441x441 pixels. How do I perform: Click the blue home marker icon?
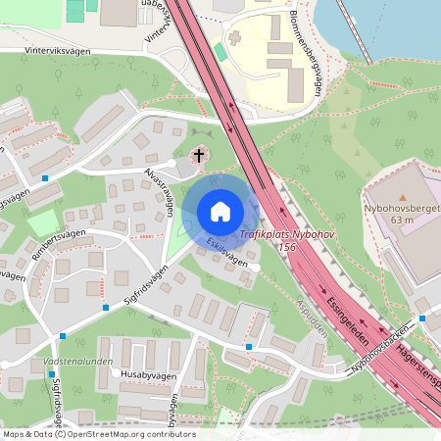220,212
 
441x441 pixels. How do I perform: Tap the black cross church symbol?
199,155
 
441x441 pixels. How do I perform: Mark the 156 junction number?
286,248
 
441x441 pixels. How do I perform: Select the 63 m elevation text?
402,220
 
